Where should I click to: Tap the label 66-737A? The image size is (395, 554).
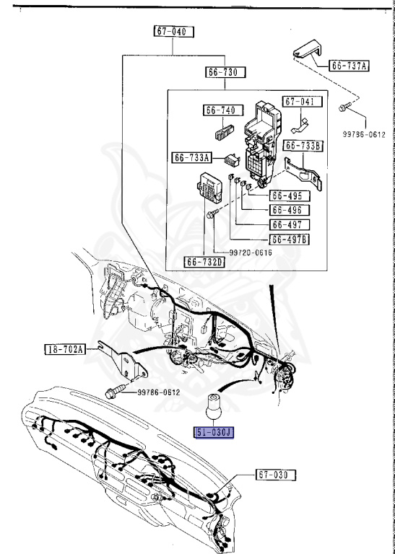(349, 66)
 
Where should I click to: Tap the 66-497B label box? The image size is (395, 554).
(290, 239)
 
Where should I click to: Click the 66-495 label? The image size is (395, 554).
(287, 195)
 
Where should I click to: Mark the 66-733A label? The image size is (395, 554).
(192, 157)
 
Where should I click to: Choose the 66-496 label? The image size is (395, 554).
(287, 210)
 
